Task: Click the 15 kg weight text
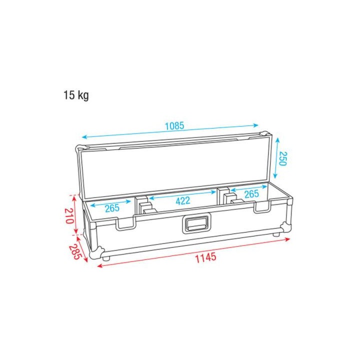click(x=75, y=95)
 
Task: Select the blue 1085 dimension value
click(x=174, y=126)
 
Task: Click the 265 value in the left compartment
click(x=111, y=208)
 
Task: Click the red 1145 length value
click(x=205, y=257)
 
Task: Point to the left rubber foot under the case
click(x=106, y=257)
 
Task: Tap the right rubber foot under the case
click(x=275, y=234)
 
